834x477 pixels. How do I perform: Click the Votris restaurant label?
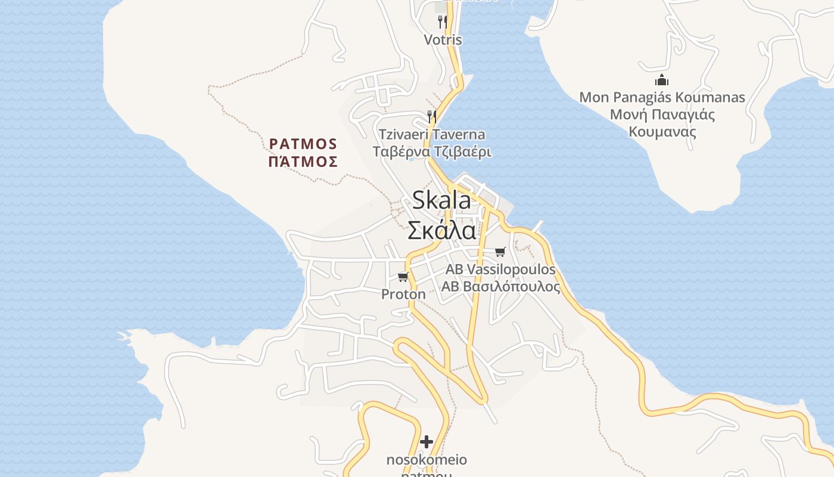[443, 40]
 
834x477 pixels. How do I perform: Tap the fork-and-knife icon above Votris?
[442, 22]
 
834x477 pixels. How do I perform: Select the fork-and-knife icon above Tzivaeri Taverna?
[432, 116]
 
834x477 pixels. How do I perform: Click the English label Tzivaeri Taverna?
[432, 135]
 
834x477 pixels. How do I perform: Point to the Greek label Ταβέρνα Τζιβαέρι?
[432, 151]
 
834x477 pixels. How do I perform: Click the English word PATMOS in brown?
[303, 144]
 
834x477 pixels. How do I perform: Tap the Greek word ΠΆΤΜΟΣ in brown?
[303, 162]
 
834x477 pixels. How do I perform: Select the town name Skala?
[441, 200]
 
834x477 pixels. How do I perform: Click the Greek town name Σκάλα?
[441, 230]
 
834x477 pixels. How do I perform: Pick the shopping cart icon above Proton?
[403, 276]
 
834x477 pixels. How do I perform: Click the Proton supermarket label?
[403, 294]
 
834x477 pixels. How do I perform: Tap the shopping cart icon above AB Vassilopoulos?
[500, 252]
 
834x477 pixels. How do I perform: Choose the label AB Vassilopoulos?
[500, 270]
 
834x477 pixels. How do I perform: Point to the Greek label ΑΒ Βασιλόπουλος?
[500, 287]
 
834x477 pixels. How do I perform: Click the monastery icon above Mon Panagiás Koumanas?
[662, 80]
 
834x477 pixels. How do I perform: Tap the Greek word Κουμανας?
[662, 132]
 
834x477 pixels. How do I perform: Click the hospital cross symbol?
[427, 442]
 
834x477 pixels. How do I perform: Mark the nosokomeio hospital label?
[427, 460]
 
